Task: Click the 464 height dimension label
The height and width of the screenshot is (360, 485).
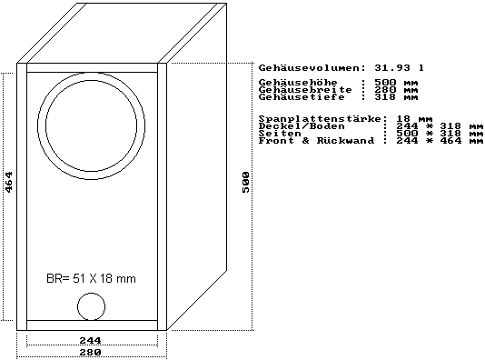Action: coord(9,182)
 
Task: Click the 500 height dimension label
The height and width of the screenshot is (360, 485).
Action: coord(245,182)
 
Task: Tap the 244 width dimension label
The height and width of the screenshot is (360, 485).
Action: coord(90,341)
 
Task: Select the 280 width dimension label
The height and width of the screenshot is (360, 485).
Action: coord(90,352)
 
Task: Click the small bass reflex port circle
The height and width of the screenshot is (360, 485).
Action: coord(91,306)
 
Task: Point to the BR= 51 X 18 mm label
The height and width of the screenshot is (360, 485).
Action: coord(91,278)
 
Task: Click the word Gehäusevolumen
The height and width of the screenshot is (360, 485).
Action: coord(310,68)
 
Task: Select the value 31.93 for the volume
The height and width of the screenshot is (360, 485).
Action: coord(392,68)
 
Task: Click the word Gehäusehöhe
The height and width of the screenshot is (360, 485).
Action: coord(298,83)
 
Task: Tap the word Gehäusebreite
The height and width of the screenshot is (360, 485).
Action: coord(305,90)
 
